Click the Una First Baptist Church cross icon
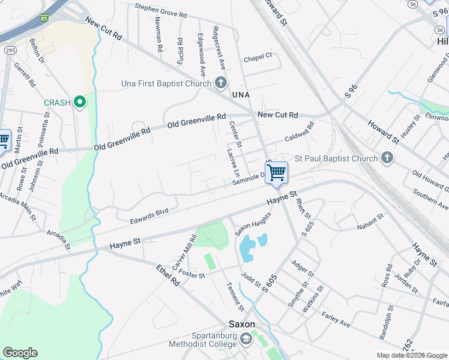pyautogui.click(x=221, y=83)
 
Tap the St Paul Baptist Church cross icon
pyautogui.click(x=387, y=158)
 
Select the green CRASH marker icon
pyautogui.click(x=79, y=103)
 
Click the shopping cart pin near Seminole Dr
pyautogui.click(x=276, y=173)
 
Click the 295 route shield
pyautogui.click(x=10, y=51)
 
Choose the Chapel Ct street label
pyautogui.click(x=258, y=58)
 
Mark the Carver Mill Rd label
pyautogui.click(x=184, y=253)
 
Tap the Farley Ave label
pyautogui.click(x=336, y=319)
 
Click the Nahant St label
pyautogui.click(x=370, y=220)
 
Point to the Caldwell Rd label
pyautogui.click(x=300, y=132)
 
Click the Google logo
pyautogui.click(x=20, y=353)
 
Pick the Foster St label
pyautogui.click(x=192, y=275)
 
